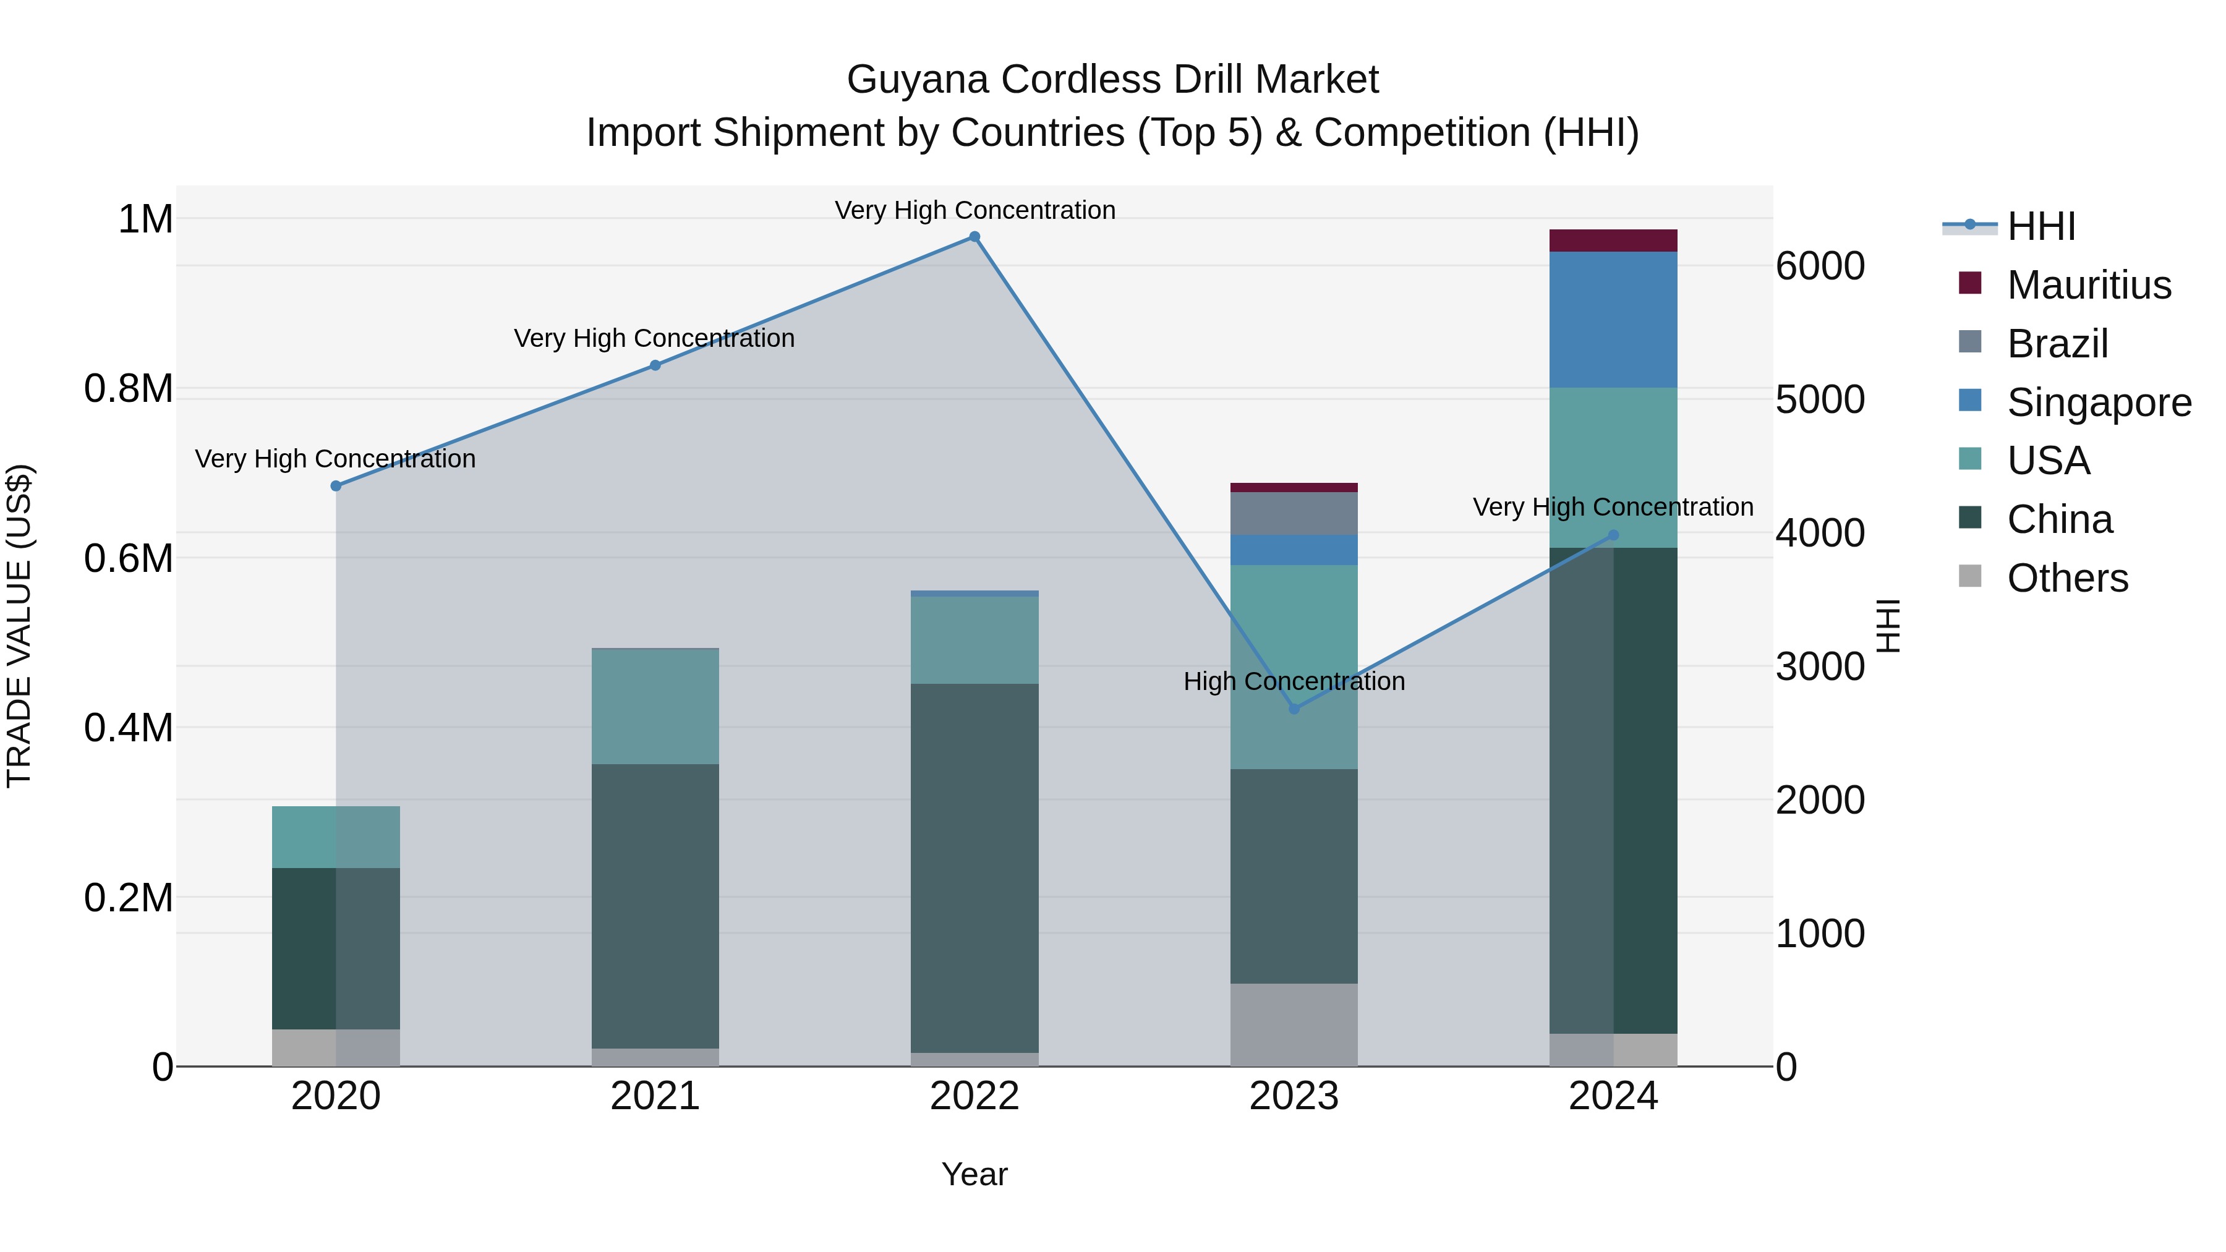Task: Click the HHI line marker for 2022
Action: click(974, 237)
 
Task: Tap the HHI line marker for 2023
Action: click(1294, 709)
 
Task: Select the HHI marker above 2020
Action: click(336, 485)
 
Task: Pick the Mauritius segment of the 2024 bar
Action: click(1613, 241)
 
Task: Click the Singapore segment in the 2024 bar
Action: click(1613, 320)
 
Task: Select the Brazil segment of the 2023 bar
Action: click(1294, 513)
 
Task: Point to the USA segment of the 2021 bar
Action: click(655, 707)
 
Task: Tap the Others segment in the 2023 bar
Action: click(1294, 1024)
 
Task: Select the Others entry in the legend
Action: click(2067, 578)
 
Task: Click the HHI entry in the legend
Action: click(2041, 226)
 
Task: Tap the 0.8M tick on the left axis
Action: click(129, 389)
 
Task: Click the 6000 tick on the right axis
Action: click(1820, 266)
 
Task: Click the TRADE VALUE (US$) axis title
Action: click(19, 626)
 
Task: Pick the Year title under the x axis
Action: click(974, 1174)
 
